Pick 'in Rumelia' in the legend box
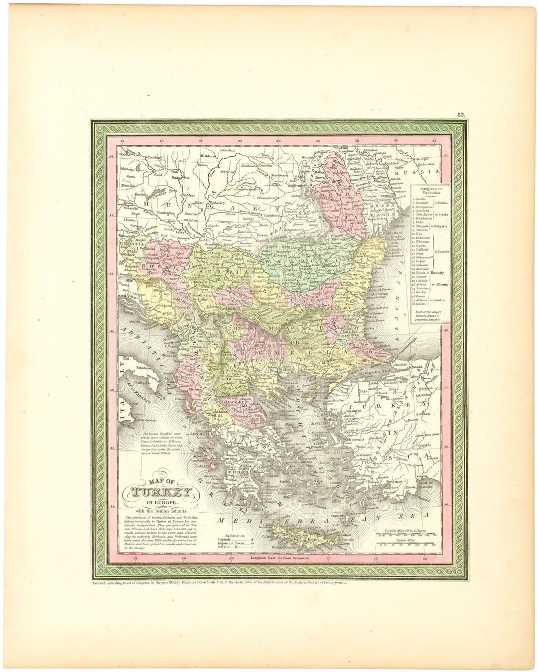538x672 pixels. coord(443,252)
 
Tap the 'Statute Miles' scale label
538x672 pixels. coord(404,539)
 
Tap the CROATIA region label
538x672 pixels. coord(131,244)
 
